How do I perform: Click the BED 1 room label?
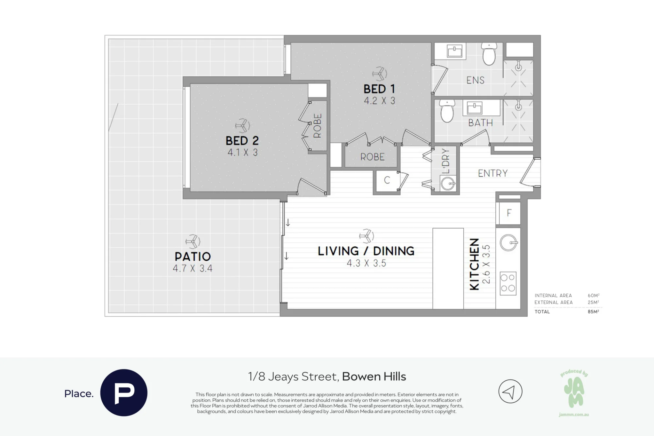(379, 89)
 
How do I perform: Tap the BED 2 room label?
(242, 141)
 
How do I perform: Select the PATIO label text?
(193, 256)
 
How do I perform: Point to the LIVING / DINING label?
(366, 251)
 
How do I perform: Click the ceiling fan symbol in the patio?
(193, 242)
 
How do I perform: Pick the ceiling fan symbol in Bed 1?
(380, 74)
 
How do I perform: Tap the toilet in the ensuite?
(489, 54)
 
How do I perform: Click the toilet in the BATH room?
(447, 111)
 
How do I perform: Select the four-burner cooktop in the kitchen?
(508, 283)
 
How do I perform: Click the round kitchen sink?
(508, 243)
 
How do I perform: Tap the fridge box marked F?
(509, 213)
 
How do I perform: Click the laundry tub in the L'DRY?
(448, 183)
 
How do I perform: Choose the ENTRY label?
(493, 173)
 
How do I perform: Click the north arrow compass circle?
(510, 392)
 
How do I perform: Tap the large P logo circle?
(124, 392)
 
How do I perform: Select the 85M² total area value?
(593, 312)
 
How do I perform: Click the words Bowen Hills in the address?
(374, 377)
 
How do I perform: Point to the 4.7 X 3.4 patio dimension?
(193, 269)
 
